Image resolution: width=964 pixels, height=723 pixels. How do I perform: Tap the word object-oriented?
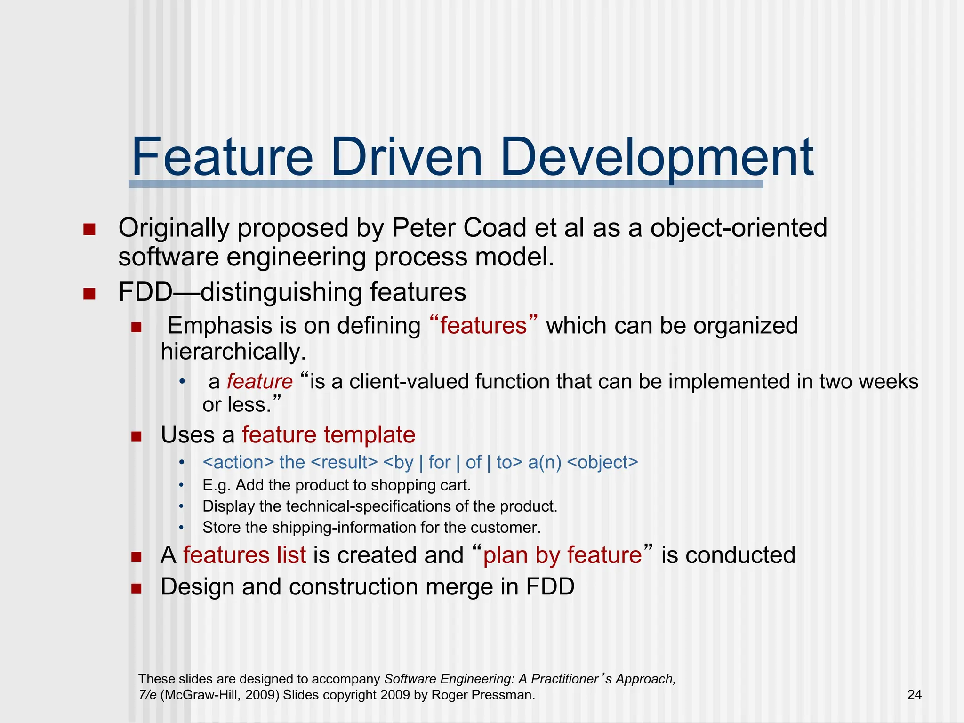(739, 228)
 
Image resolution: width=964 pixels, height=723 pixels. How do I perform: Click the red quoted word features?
(483, 326)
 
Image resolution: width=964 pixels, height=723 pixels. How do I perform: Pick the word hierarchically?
(233, 352)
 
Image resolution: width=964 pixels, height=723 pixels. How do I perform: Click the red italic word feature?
(259, 381)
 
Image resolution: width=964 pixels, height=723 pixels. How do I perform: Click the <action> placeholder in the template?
(238, 462)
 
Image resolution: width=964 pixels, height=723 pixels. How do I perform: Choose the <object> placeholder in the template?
(602, 462)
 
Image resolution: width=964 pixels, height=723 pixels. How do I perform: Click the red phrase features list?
(244, 555)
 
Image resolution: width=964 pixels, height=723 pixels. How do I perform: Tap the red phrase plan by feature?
(562, 555)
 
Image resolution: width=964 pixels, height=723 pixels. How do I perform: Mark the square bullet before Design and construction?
(137, 588)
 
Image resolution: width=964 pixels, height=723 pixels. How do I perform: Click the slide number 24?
(914, 695)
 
